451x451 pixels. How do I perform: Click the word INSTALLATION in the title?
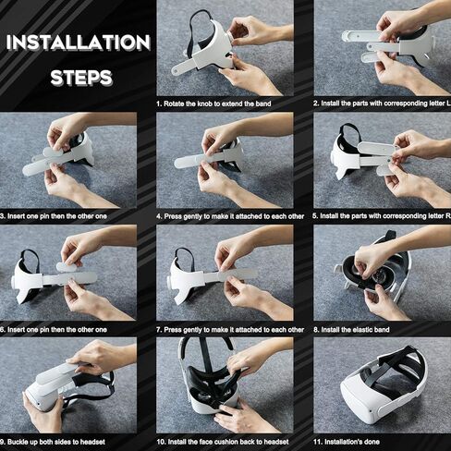(79, 43)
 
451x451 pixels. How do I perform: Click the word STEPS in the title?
(81, 78)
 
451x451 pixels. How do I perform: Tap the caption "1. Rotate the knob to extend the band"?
(213, 104)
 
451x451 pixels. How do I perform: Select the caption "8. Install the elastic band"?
(351, 330)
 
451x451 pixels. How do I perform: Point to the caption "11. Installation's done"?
(347, 442)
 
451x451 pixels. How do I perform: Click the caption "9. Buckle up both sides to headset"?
(53, 442)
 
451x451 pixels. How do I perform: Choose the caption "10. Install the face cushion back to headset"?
(223, 442)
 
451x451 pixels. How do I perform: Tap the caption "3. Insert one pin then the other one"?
(54, 216)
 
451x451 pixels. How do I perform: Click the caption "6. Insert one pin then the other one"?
(54, 330)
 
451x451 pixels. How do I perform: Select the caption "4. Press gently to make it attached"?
(230, 216)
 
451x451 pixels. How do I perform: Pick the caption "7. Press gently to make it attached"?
(230, 330)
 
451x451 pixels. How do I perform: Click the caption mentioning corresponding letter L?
(382, 104)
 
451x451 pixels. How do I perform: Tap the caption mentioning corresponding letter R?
(382, 216)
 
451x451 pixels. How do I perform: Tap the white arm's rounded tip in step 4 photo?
(178, 163)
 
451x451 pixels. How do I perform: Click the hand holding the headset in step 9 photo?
(43, 413)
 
